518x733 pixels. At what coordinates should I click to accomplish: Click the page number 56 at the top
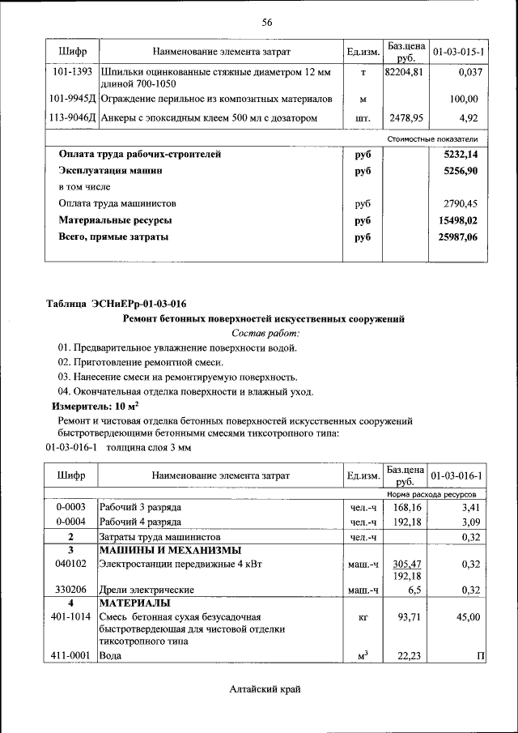click(266, 22)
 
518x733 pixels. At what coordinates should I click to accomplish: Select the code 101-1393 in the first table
click(70, 73)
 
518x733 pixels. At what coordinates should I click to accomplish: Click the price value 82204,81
click(404, 73)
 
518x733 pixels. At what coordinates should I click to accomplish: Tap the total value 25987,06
click(457, 237)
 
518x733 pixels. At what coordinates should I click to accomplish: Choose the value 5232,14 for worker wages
click(459, 154)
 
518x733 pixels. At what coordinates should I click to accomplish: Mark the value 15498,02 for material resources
click(457, 220)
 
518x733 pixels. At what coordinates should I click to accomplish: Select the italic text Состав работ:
click(265, 333)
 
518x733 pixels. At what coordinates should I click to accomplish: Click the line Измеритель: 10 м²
click(96, 406)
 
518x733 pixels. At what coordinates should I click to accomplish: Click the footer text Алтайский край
click(265, 688)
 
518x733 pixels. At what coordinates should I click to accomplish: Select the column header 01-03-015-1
click(458, 52)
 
